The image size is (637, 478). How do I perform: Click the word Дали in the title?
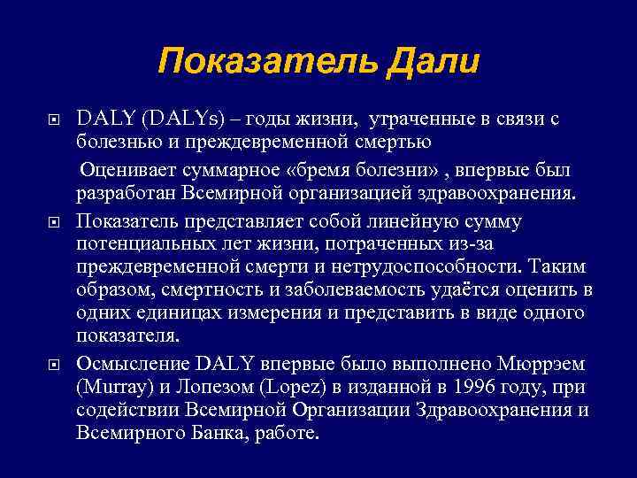pos(431,61)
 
